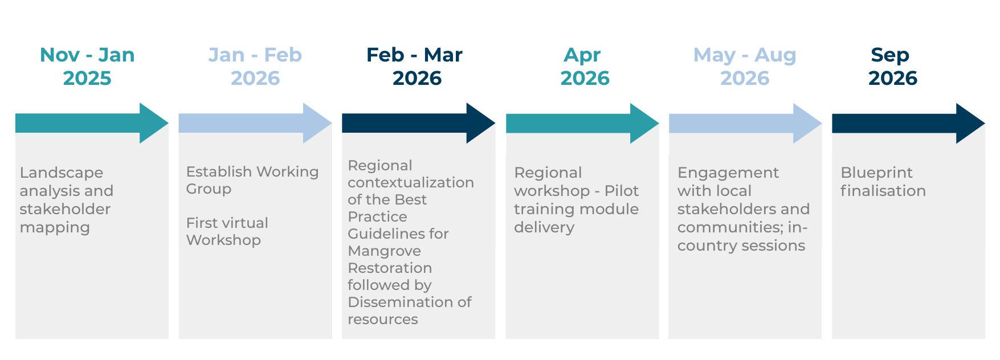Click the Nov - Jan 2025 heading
[x=87, y=66]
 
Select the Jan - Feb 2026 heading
[x=255, y=66]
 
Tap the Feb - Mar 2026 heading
[x=415, y=66]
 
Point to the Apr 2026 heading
[x=585, y=66]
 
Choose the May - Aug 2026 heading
[x=745, y=66]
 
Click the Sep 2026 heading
[x=892, y=66]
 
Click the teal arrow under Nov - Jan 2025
[x=92, y=123]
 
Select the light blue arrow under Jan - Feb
[x=255, y=123]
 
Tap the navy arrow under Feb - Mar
[x=419, y=123]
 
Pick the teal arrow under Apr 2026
[x=582, y=123]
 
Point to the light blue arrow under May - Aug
[x=745, y=123]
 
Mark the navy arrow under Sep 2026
[x=909, y=123]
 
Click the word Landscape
[x=62, y=173]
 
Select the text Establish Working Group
[x=252, y=180]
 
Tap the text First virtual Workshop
[x=227, y=231]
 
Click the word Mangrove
[x=385, y=251]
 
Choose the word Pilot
[x=622, y=191]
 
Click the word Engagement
[x=728, y=173]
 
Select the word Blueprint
[x=876, y=173]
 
